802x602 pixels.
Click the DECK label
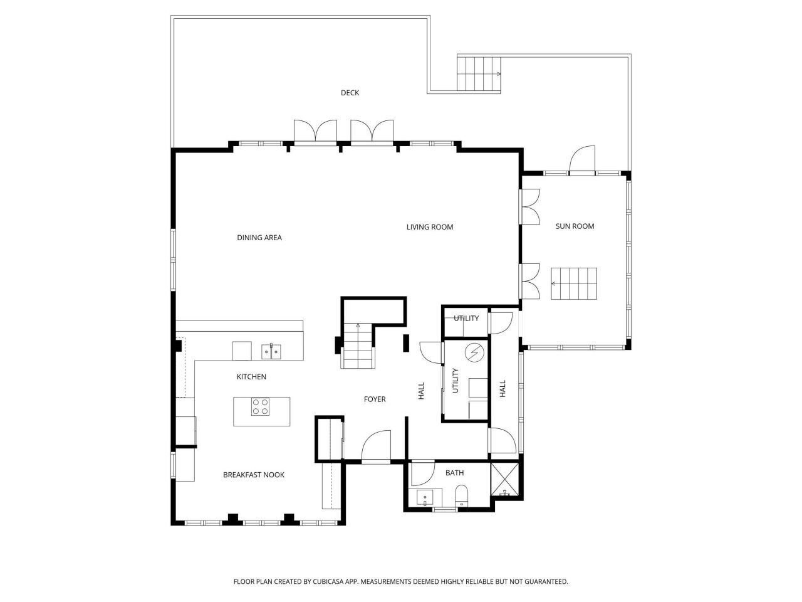350,93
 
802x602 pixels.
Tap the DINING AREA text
259,238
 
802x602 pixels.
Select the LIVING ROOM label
429,227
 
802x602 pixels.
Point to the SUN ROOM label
575,226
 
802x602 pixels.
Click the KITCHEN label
251,377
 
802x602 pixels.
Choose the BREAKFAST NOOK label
254,475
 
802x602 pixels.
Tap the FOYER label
375,399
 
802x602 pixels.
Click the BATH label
454,473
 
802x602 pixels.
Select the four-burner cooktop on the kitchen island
261,407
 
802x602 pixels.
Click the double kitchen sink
271,352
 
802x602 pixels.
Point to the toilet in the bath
461,495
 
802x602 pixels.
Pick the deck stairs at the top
479,74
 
